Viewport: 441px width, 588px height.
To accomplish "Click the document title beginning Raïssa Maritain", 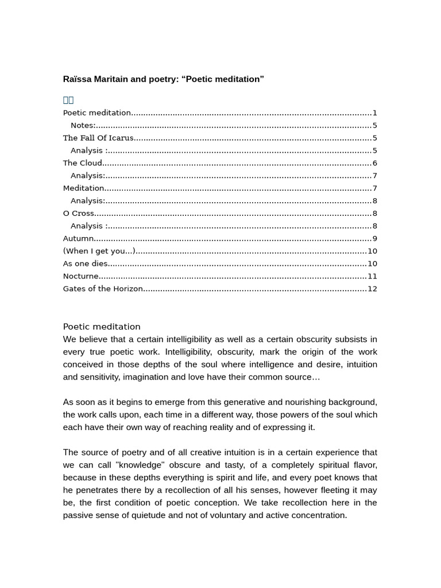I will click(163, 79).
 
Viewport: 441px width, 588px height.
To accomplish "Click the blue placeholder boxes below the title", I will click(68, 100).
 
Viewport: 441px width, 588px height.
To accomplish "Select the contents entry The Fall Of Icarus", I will click(98, 138).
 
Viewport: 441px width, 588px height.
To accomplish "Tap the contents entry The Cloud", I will click(83, 163).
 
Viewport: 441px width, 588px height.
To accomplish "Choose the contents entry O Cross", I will click(79, 214).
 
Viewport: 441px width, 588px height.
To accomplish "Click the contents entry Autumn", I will click(78, 239).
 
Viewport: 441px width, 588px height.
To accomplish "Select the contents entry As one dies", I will click(85, 264).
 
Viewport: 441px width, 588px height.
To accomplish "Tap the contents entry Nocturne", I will click(81, 276).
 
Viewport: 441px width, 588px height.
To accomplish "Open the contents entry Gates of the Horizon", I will click(103, 289).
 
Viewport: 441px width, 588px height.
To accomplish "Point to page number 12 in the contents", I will click(372, 289).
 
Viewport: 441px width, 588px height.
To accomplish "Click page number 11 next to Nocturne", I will click(372, 276).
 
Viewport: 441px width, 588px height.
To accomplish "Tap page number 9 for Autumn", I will click(374, 239).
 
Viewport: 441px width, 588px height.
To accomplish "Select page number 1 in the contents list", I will click(374, 113).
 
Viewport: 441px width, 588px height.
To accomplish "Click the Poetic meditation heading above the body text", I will click(102, 327).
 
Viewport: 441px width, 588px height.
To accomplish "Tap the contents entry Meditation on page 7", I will click(84, 188).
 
